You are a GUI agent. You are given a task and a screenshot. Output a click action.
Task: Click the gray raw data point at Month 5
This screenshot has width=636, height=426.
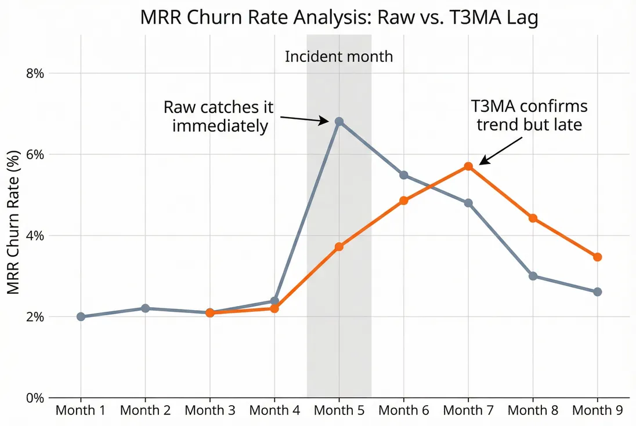pyautogui.click(x=339, y=122)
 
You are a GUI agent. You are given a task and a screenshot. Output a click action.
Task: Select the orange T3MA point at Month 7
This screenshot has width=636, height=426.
pyautogui.click(x=468, y=166)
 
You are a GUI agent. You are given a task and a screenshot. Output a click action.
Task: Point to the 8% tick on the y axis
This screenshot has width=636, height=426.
pyautogui.click(x=34, y=74)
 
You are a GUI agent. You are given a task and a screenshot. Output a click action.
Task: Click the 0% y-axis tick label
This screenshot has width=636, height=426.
pyautogui.click(x=34, y=398)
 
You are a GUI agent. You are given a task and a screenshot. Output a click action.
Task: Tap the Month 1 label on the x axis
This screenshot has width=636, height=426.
pyautogui.click(x=81, y=411)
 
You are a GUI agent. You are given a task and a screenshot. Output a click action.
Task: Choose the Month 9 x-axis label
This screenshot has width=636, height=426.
pyautogui.click(x=598, y=411)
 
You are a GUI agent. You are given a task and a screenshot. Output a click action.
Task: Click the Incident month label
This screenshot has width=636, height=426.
pyautogui.click(x=339, y=57)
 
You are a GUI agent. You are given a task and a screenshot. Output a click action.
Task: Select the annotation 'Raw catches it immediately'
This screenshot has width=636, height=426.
pyautogui.click(x=218, y=116)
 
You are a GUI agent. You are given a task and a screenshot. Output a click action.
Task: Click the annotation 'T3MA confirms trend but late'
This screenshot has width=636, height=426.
pyautogui.click(x=529, y=115)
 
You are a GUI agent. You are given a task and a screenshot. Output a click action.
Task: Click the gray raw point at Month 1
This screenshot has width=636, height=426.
pyautogui.click(x=81, y=316)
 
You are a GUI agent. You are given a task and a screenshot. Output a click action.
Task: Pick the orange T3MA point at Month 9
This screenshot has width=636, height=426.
pyautogui.click(x=598, y=257)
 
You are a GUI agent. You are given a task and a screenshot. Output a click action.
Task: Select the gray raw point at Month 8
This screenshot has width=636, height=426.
pyautogui.click(x=533, y=276)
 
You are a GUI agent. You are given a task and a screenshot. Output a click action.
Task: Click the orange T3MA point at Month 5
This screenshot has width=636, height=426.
pyautogui.click(x=339, y=247)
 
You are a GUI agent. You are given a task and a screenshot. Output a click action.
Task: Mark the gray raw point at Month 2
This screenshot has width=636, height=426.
pyautogui.click(x=145, y=308)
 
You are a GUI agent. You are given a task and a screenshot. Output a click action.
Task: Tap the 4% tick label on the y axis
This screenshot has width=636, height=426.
pyautogui.click(x=34, y=236)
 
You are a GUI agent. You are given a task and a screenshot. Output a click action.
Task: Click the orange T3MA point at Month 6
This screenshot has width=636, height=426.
pyautogui.click(x=404, y=201)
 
